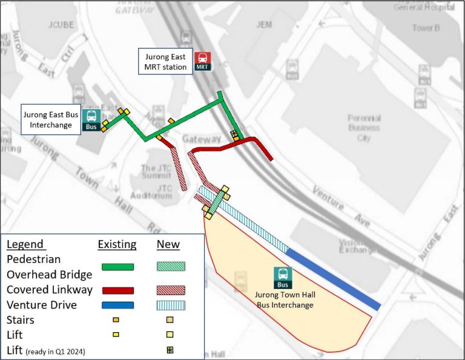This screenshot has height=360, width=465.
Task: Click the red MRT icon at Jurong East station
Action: click(202, 61)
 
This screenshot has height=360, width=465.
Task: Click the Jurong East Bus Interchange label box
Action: click(50, 119)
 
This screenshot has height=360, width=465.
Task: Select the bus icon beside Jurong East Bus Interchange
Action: click(91, 119)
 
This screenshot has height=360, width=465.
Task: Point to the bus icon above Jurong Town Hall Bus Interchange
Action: click(283, 277)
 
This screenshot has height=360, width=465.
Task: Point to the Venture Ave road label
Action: click(341, 207)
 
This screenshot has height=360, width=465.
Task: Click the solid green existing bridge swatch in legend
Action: click(117, 267)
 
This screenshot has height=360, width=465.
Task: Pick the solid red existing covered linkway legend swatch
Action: click(117, 290)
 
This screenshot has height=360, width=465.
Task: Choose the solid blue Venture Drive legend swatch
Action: click(117, 305)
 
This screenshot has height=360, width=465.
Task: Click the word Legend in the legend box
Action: click(25, 244)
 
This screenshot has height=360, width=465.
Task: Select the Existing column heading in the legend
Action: click(117, 244)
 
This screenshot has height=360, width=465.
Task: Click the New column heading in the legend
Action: click(168, 244)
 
